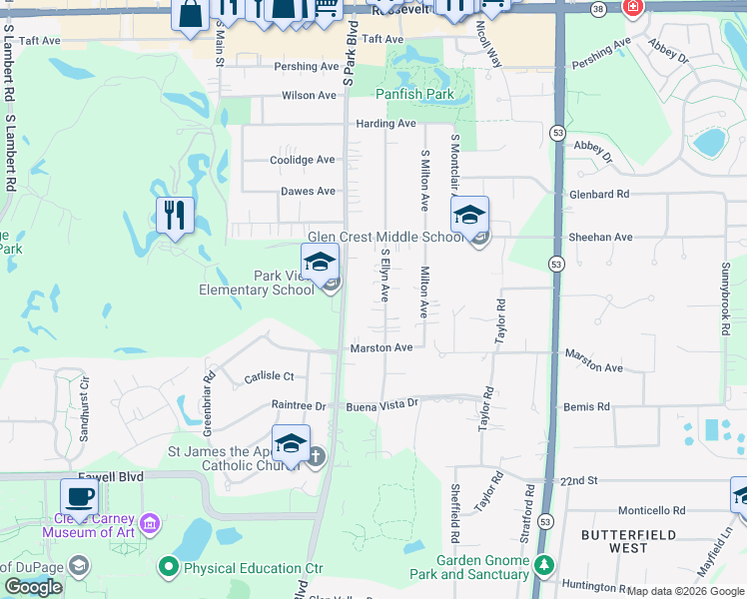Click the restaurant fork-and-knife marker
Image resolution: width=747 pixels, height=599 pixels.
coord(175,215)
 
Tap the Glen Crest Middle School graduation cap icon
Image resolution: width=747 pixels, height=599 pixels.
coord(469,214)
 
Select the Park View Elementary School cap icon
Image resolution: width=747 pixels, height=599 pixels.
coord(320,263)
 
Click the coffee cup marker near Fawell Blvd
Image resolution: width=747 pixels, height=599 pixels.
coord(79,497)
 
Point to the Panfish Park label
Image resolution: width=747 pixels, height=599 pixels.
coord(414,95)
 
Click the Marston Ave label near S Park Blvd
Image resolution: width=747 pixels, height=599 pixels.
coord(380,348)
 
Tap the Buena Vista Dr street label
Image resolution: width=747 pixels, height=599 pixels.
coord(379,407)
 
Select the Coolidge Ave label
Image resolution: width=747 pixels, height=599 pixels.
coord(303,160)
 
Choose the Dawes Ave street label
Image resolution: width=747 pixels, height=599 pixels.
coord(308,192)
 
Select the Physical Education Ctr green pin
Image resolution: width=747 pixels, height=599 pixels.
coord(169,568)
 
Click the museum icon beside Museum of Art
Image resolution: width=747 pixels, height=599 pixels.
coord(150,523)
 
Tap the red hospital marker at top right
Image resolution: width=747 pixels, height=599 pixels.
coord(632,8)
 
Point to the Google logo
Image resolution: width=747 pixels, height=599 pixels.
coord(34,587)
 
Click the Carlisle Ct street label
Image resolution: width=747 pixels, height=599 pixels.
coord(270,376)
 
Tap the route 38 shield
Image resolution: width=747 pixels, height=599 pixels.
coord(598,8)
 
